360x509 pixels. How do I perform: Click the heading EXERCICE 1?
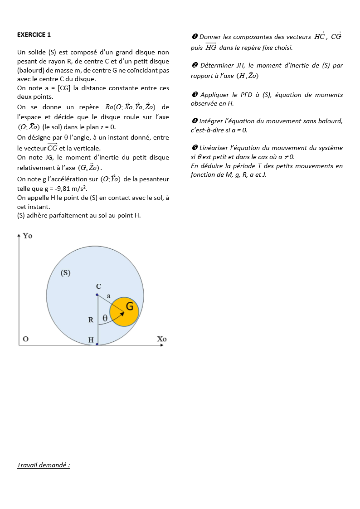click(34, 34)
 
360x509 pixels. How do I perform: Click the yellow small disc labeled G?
click(124, 312)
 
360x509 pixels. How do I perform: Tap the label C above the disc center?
click(98, 286)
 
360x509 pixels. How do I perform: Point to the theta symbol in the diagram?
click(105, 318)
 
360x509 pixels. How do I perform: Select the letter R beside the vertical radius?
click(91, 320)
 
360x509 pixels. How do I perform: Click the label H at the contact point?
click(91, 340)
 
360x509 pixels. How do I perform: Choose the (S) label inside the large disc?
click(65, 273)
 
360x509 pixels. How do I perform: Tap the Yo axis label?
click(28, 236)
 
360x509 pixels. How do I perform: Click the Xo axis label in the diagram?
click(162, 339)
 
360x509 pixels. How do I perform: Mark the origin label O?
click(26, 339)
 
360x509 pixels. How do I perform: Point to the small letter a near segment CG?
click(108, 296)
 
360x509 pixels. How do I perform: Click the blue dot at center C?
click(97, 295)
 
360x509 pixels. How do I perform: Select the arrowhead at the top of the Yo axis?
click(19, 235)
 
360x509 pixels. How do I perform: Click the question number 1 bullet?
click(194, 37)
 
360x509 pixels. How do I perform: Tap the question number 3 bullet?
click(194, 95)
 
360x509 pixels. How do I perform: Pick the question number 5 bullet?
click(194, 148)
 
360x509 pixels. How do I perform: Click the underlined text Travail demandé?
click(44, 465)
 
